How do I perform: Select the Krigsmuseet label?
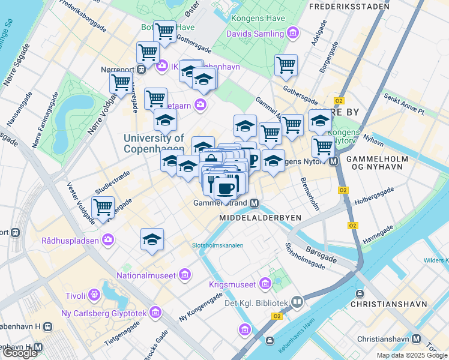(x=232, y=284)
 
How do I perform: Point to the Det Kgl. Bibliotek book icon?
(x=297, y=302)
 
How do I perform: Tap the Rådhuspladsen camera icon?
(x=108, y=241)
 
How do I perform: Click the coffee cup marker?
(x=226, y=188)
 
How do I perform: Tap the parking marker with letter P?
(x=252, y=160)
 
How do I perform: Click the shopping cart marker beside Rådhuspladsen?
(x=103, y=208)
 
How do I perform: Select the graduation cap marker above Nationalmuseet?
(x=152, y=239)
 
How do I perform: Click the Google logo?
(x=20, y=353)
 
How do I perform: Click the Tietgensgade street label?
(x=123, y=332)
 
